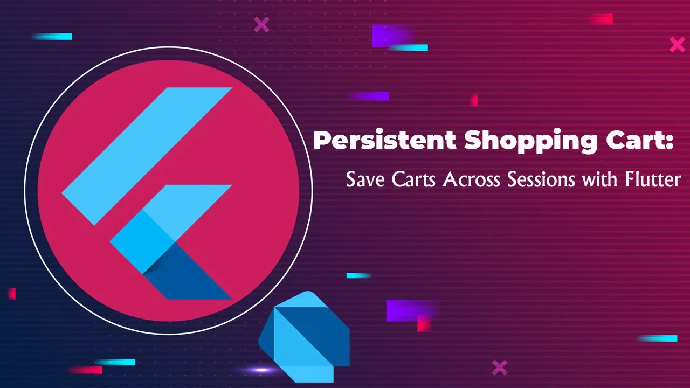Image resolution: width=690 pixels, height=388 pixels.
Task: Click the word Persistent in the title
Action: point(384,141)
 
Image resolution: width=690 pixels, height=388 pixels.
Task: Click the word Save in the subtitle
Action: point(365,179)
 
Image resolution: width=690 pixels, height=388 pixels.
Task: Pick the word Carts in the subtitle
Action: point(413,179)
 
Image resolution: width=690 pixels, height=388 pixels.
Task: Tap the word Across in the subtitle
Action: point(471,179)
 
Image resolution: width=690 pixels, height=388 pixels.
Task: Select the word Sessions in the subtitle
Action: point(541,179)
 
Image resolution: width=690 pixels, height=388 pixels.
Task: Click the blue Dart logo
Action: point(304,337)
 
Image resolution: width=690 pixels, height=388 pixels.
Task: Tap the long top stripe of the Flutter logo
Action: point(147,156)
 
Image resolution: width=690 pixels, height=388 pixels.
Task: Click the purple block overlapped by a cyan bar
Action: point(393,36)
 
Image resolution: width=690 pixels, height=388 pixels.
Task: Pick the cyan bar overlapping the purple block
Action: point(409,48)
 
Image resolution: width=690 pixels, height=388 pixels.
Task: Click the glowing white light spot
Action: point(261,370)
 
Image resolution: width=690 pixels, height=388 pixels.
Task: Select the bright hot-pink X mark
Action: point(678,45)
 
